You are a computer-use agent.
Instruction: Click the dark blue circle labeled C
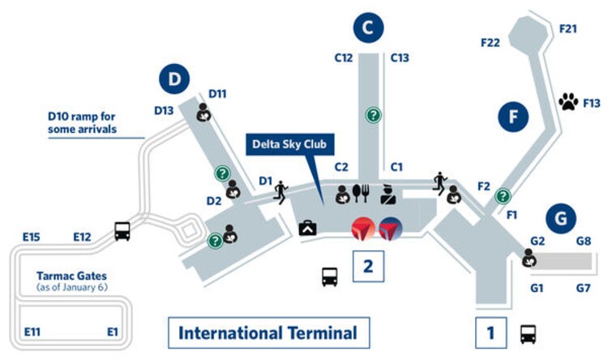368,28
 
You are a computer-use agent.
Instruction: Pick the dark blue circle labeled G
561,218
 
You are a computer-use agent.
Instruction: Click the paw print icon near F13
567,102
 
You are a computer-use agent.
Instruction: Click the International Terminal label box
268,333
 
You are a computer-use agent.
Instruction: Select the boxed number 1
490,333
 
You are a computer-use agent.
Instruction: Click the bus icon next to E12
122,232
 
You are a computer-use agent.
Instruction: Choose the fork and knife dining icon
362,193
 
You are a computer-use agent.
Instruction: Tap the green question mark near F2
503,195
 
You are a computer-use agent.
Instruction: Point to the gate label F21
568,28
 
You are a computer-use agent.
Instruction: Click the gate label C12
344,58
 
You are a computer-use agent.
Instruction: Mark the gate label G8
582,241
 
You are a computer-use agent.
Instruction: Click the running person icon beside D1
280,191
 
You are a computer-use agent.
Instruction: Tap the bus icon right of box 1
528,333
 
